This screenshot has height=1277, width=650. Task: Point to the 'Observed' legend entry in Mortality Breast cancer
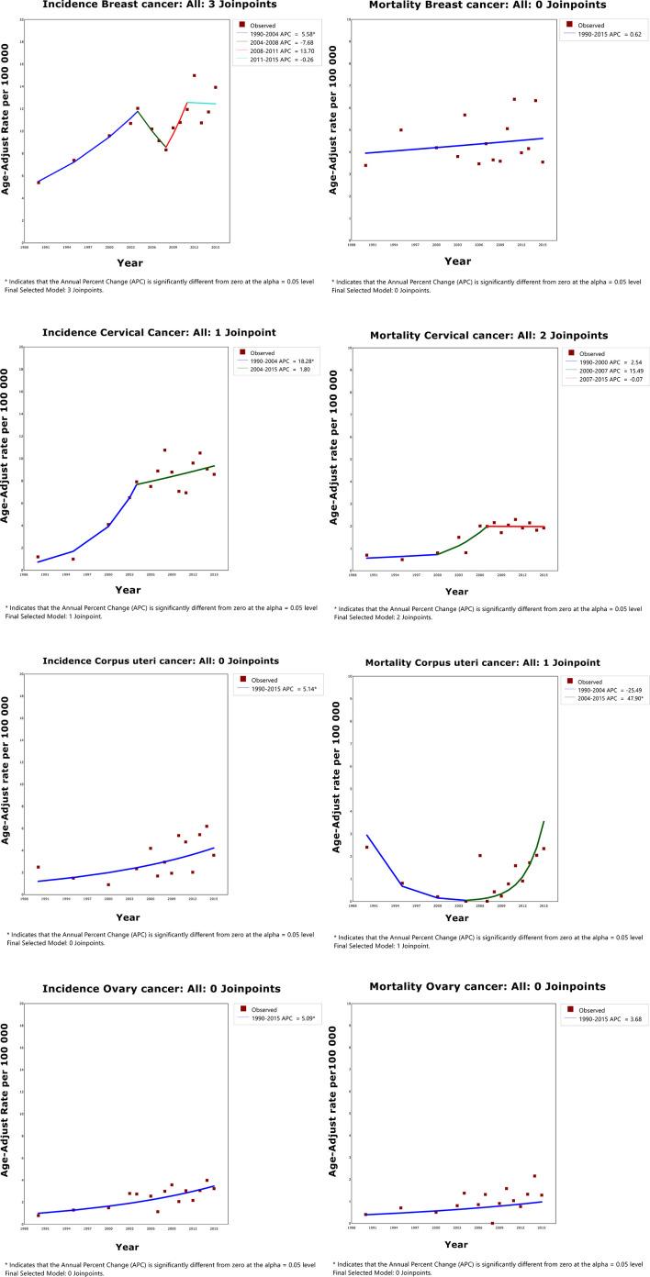[x=592, y=25]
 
